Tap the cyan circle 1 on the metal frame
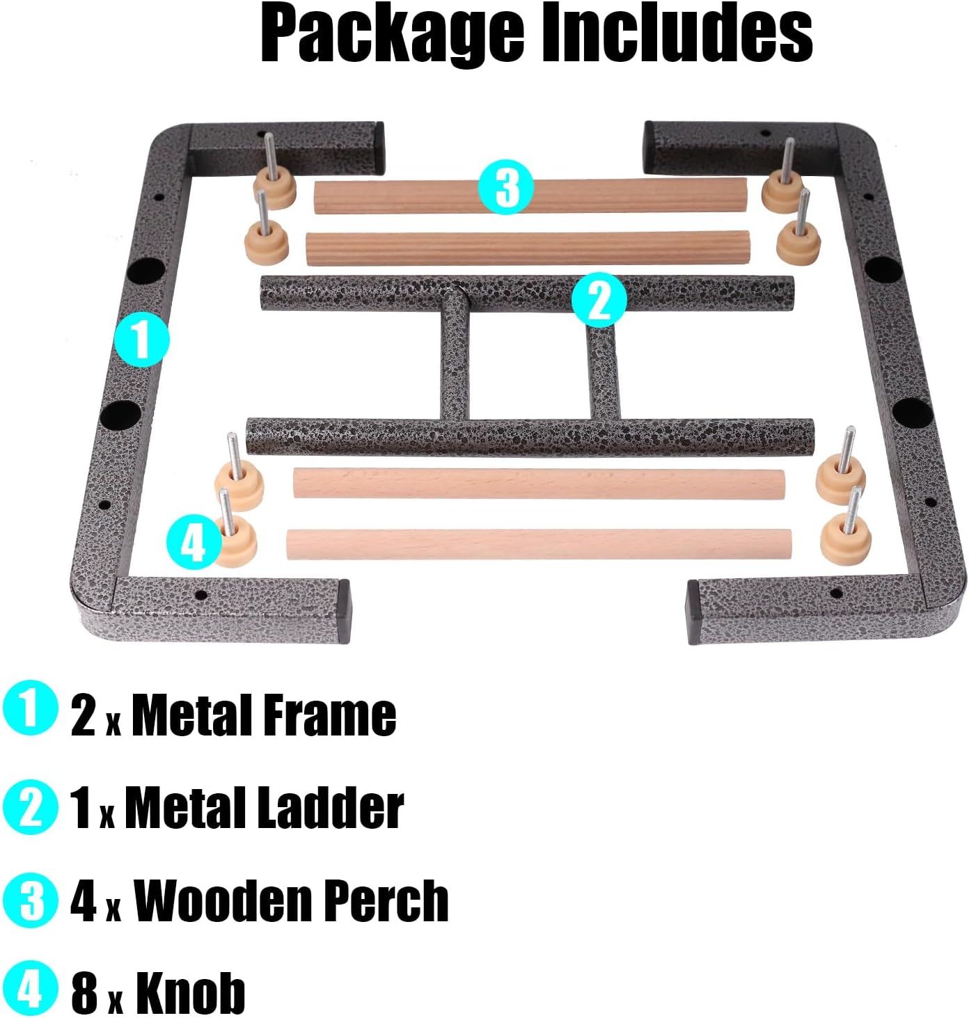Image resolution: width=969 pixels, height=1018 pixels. click(142, 340)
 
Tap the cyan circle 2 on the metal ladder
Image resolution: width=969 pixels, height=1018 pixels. click(599, 300)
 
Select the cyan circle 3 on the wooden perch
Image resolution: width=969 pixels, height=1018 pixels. click(506, 186)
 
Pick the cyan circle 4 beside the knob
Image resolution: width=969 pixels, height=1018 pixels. click(193, 541)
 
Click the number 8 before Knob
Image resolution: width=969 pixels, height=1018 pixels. click(84, 993)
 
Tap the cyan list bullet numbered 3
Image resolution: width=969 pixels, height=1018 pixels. click(30, 900)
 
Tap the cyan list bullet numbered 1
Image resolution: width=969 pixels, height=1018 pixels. click(30, 708)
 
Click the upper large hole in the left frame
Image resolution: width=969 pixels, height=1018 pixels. click(146, 270)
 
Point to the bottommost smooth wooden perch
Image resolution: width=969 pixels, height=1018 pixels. click(538, 544)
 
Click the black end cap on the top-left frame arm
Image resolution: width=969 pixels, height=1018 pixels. click(379, 148)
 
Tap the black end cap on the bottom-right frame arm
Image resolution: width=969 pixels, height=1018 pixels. click(693, 612)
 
